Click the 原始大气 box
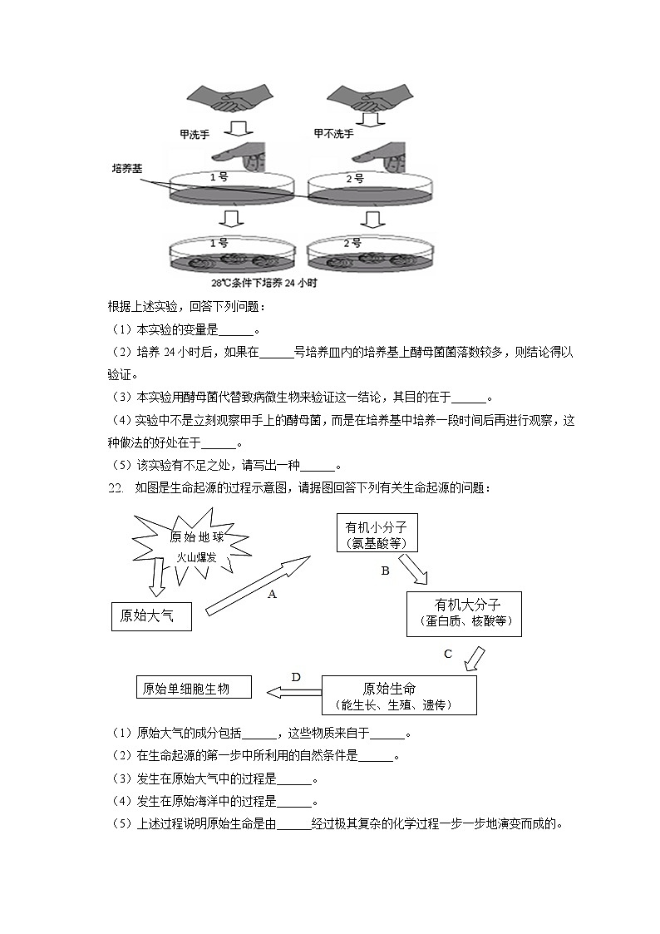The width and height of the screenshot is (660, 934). tap(150, 616)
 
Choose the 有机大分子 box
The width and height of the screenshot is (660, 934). tap(464, 614)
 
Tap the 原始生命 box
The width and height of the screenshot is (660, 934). tap(399, 695)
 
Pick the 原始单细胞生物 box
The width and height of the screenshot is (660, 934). tap(194, 688)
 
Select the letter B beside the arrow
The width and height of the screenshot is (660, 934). tap(385, 571)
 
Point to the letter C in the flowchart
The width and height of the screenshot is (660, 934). tap(448, 654)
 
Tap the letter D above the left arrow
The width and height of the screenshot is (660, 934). tap(296, 677)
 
